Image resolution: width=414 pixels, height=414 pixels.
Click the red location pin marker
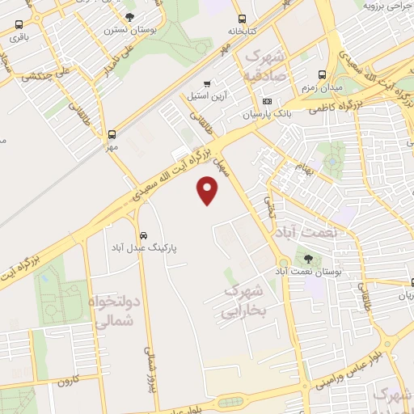click(x=209, y=191)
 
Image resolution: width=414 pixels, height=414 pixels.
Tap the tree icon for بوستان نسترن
click(x=130, y=16)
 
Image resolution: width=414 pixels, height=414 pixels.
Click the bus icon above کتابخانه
click(x=242, y=19)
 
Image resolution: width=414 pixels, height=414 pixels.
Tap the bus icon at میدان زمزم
click(x=323, y=74)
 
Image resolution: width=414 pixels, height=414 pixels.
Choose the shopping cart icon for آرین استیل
click(x=208, y=83)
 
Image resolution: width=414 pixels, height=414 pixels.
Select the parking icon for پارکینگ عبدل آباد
click(x=142, y=228)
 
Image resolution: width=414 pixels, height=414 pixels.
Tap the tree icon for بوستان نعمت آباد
click(x=310, y=258)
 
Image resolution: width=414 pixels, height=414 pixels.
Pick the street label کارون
click(x=65, y=378)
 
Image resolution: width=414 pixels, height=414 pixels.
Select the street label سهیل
click(x=219, y=168)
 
